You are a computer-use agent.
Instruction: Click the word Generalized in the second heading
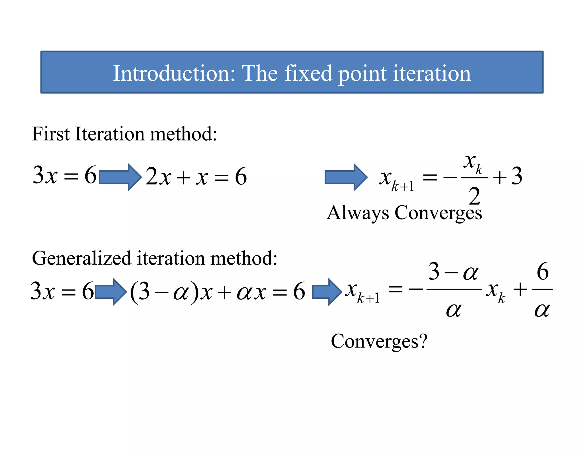tap(82, 258)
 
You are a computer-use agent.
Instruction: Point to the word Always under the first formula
tap(358, 213)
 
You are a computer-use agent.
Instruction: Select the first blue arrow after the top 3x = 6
tap(120, 177)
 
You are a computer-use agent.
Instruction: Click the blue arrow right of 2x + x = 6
tap(346, 177)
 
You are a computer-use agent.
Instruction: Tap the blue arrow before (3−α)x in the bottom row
tap(110, 292)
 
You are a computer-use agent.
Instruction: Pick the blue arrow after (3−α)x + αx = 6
tap(327, 292)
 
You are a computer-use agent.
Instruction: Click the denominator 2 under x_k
tap(474, 196)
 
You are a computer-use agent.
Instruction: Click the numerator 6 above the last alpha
tap(542, 271)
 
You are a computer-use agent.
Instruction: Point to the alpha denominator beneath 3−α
tap(453, 310)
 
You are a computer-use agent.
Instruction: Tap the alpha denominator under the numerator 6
tap(542, 310)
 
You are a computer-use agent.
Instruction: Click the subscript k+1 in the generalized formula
tap(368, 298)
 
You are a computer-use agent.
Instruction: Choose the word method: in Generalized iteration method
tap(244, 258)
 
